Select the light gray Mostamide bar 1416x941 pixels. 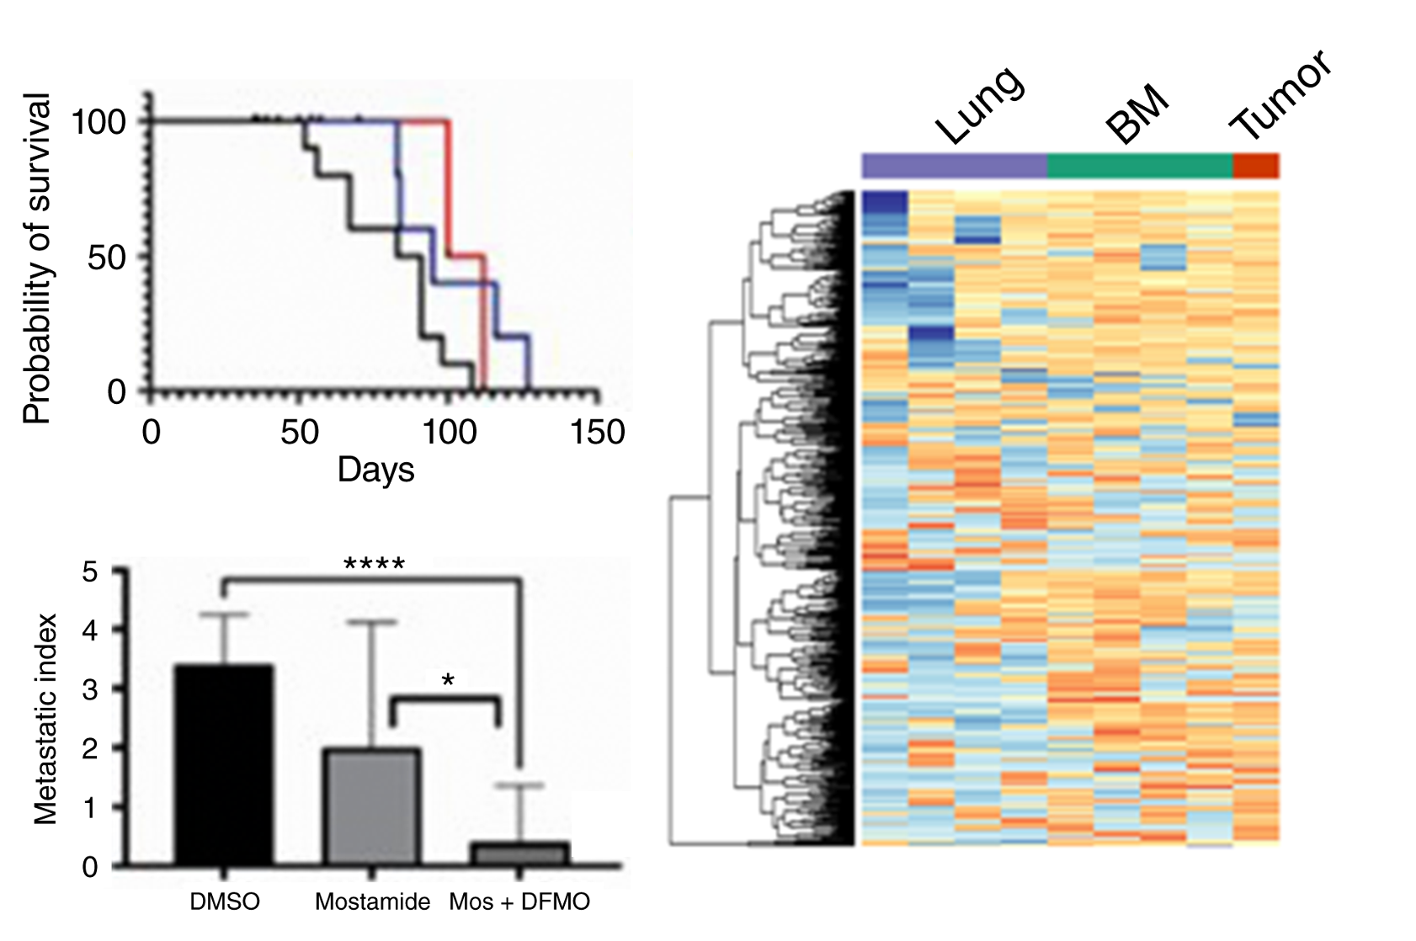click(371, 806)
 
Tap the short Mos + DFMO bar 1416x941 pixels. click(519, 853)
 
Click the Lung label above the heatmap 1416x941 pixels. click(980, 104)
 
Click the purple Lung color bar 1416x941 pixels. click(955, 166)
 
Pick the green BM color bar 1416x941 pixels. click(1140, 166)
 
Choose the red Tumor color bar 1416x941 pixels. click(1256, 166)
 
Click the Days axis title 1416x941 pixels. click(375, 470)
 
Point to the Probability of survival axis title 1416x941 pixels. click(37, 258)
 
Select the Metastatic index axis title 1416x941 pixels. click(45, 719)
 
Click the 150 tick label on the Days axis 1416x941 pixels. click(597, 433)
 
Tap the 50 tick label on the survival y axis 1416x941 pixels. click(107, 258)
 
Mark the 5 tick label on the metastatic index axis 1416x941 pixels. click(89, 572)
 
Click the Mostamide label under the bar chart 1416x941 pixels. click(372, 901)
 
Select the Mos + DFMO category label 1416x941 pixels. click(519, 901)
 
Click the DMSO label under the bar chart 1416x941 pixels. click(225, 901)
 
